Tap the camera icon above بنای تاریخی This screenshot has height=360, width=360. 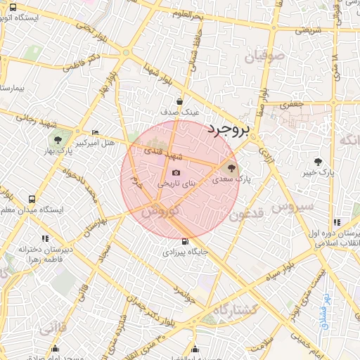176,173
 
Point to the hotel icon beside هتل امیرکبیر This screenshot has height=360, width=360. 96,132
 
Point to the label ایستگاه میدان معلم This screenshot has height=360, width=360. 32,210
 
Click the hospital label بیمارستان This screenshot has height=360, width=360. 12,89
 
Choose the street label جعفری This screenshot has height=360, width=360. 294,103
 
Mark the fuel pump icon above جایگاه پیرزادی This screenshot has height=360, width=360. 185,241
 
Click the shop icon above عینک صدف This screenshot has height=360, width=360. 180,101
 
